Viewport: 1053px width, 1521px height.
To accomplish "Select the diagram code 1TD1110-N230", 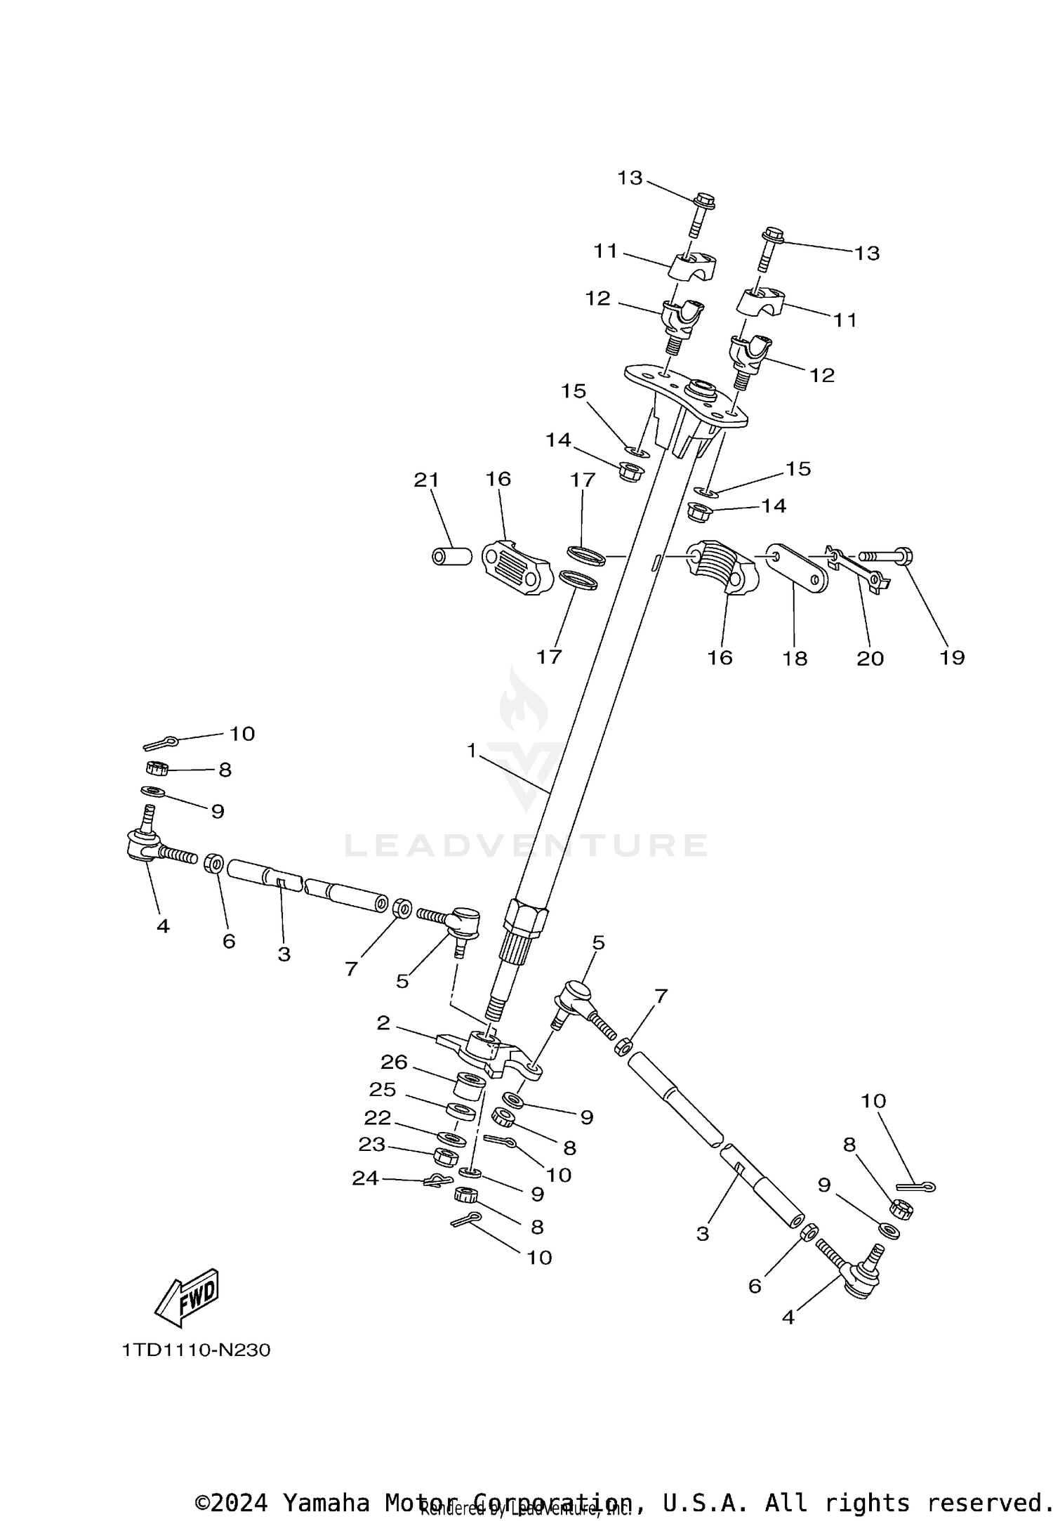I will [x=196, y=1350].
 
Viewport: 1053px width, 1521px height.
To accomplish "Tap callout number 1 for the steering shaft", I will [x=472, y=751].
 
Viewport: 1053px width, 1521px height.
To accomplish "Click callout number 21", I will [x=426, y=480].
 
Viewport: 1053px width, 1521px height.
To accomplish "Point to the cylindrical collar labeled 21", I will [x=450, y=557].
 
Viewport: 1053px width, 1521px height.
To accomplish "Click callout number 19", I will [x=952, y=657].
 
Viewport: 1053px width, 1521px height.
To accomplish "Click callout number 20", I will [x=870, y=658].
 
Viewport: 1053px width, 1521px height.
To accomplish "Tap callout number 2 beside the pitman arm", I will [x=383, y=1023].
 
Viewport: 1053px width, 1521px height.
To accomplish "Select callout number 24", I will [x=365, y=1178].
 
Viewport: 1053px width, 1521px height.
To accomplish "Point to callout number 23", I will [x=372, y=1145].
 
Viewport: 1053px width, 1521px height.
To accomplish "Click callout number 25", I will [x=383, y=1089].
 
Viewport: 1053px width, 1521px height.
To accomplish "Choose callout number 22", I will [x=377, y=1117].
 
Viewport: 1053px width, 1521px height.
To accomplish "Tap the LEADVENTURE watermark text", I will [x=526, y=845].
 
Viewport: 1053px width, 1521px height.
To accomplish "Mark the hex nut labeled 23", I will [x=446, y=1156].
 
